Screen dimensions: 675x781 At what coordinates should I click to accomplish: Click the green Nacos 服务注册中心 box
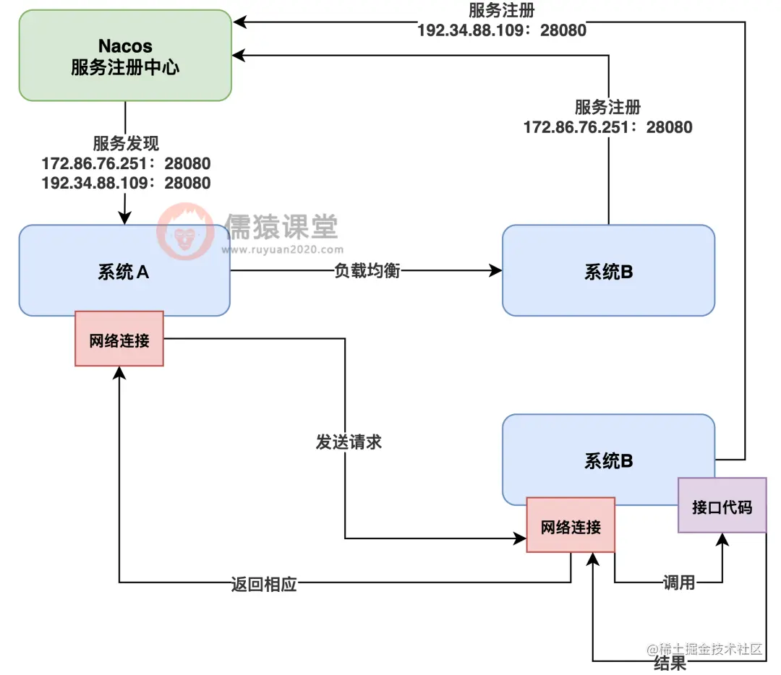click(x=125, y=56)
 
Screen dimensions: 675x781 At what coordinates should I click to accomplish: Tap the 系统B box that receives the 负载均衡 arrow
click(x=608, y=271)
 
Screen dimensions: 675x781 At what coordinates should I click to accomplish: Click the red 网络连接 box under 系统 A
click(x=119, y=339)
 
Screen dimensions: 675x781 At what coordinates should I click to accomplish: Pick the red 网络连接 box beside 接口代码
click(x=571, y=525)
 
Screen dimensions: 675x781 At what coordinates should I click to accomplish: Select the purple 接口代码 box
click(x=722, y=506)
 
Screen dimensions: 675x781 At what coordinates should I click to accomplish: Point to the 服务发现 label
click(x=126, y=143)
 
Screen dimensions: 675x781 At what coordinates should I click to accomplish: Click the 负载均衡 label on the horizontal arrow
click(x=367, y=271)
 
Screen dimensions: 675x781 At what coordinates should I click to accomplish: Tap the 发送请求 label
click(x=349, y=442)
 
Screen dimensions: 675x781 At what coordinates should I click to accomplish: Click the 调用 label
click(x=678, y=582)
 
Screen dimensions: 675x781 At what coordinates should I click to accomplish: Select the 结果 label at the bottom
click(x=670, y=663)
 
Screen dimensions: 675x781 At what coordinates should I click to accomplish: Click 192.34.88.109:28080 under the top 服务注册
click(x=502, y=30)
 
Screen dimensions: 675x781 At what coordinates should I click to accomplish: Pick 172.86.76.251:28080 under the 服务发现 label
click(x=126, y=163)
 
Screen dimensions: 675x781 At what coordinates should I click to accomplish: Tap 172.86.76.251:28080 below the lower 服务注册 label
click(x=607, y=127)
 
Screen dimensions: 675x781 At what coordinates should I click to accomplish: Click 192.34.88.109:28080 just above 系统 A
click(x=126, y=183)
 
